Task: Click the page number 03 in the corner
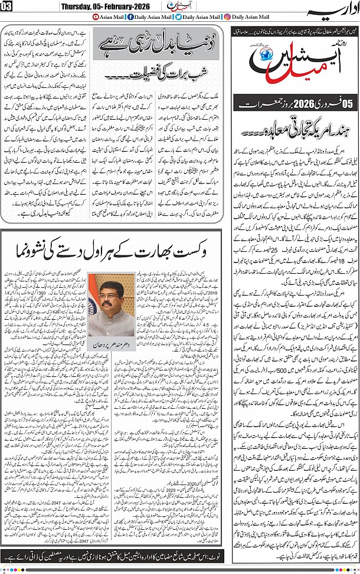coord(6,6)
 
